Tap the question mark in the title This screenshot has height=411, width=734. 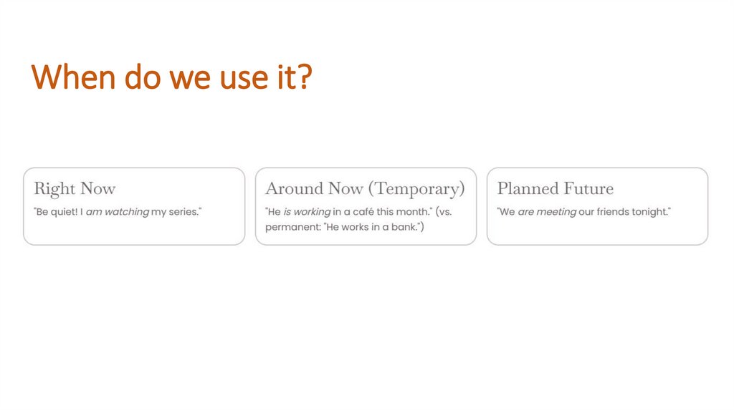tap(305, 77)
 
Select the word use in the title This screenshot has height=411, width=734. tap(226, 78)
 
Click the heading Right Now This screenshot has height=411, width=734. tap(75, 189)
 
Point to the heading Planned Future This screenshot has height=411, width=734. tap(555, 189)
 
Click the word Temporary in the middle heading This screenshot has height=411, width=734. tap(416, 189)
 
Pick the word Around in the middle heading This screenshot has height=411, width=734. tap(293, 189)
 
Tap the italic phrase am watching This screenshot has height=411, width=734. tap(117, 213)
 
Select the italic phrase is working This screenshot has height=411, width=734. tap(307, 212)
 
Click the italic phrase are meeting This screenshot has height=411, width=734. tap(547, 212)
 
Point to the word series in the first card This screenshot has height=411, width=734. tap(185, 213)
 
